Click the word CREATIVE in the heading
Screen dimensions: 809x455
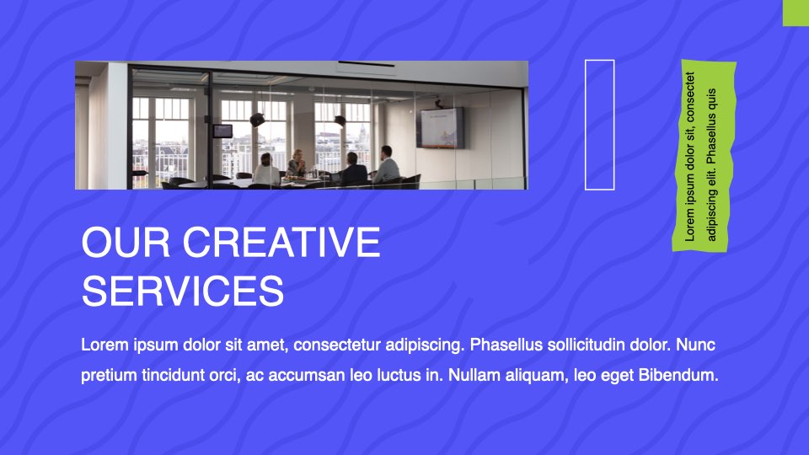click(281, 242)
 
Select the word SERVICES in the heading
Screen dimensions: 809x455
click(183, 291)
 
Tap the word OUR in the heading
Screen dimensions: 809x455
click(126, 242)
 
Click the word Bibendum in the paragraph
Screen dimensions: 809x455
click(678, 375)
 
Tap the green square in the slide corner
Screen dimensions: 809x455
click(796, 13)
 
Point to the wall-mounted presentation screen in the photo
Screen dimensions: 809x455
click(440, 128)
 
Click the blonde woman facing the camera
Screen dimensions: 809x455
click(297, 163)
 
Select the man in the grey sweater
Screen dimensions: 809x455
click(387, 164)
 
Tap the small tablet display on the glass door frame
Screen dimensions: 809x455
click(222, 131)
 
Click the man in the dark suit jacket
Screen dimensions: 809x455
click(353, 169)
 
